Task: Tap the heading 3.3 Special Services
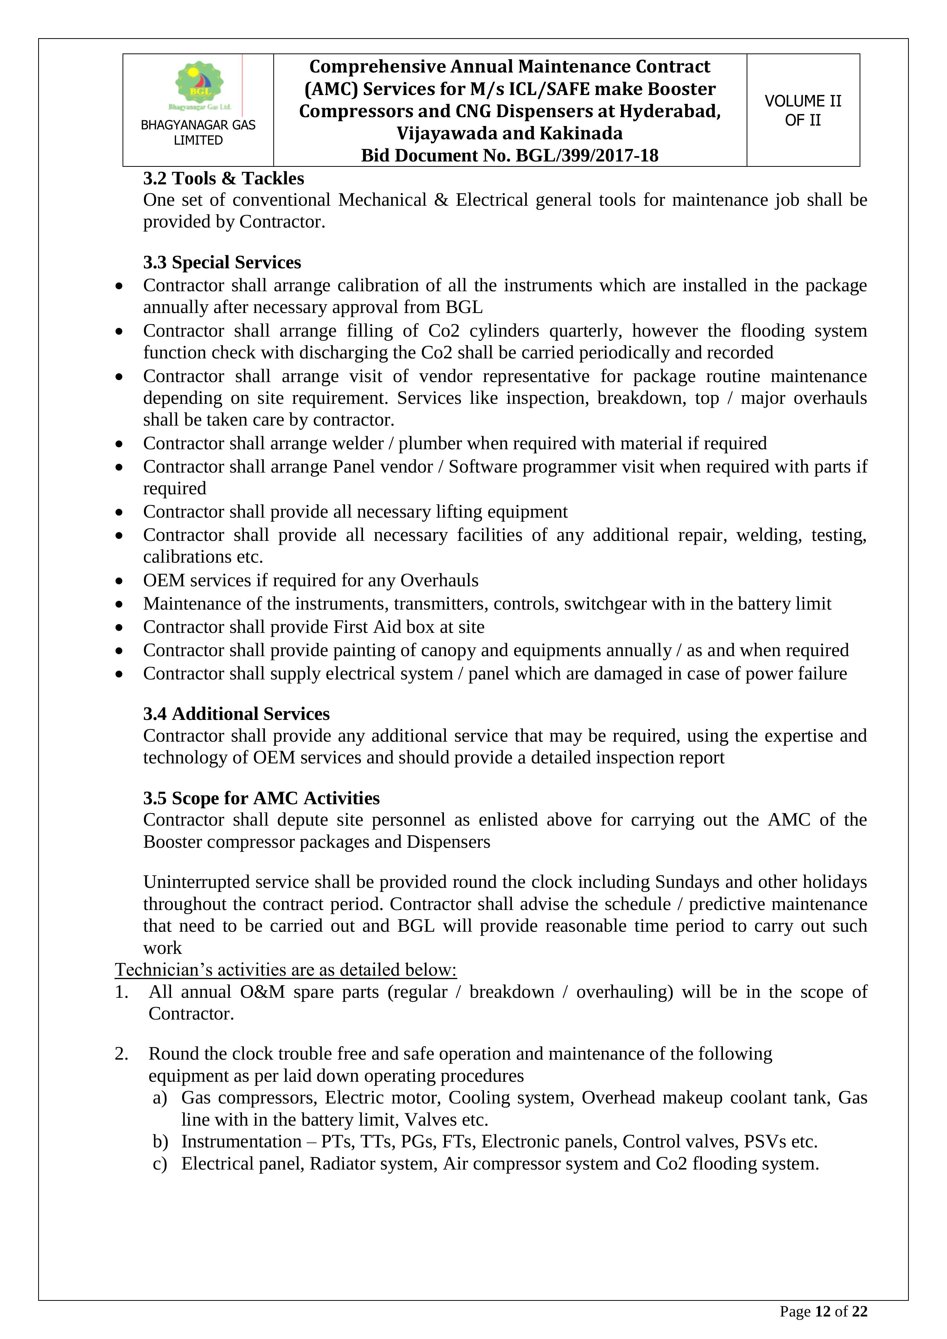click(222, 263)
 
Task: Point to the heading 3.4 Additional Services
click(236, 714)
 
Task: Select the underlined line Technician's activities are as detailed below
click(286, 969)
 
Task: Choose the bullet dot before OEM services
click(119, 581)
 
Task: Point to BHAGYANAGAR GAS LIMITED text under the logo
click(198, 132)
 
